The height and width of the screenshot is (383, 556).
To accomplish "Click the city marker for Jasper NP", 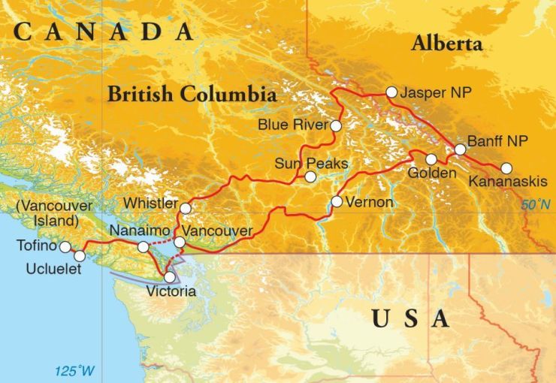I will point(391,92).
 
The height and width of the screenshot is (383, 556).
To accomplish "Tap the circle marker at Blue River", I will point(336,125).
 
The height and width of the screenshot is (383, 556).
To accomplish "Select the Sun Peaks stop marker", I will point(310,176).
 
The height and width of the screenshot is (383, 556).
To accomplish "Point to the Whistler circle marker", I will point(185,208).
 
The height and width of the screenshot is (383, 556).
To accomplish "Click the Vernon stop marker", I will point(337,201).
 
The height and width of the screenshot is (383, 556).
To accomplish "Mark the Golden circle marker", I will point(431,159).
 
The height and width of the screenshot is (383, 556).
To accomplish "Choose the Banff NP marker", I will point(460,149).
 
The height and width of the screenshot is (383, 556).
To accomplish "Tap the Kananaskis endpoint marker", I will point(506,168).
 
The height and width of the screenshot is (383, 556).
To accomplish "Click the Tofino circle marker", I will point(65,246).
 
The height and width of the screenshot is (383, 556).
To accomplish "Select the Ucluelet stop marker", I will point(80,256).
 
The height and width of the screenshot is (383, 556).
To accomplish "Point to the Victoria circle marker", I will point(170,277).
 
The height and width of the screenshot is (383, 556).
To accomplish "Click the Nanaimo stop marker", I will point(143,246).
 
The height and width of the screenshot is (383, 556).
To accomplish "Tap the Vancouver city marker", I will point(180,242).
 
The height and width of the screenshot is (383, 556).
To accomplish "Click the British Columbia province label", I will point(192,95).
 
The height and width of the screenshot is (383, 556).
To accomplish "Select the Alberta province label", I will point(446,44).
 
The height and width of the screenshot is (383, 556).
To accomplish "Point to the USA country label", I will point(411,319).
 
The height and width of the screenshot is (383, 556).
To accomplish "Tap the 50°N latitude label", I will point(536,204).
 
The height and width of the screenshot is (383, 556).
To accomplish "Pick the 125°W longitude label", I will point(75,371).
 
